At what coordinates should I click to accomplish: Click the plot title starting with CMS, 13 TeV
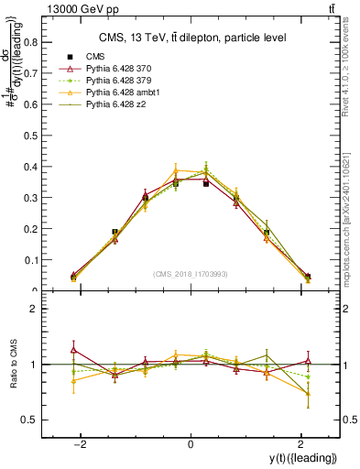tap(191, 37)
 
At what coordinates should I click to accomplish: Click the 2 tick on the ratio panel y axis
tap(34, 310)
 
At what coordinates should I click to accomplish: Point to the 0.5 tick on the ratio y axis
tap(29, 420)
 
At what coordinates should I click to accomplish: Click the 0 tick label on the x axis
tap(191, 444)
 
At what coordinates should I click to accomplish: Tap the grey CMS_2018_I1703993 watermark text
tap(191, 274)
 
